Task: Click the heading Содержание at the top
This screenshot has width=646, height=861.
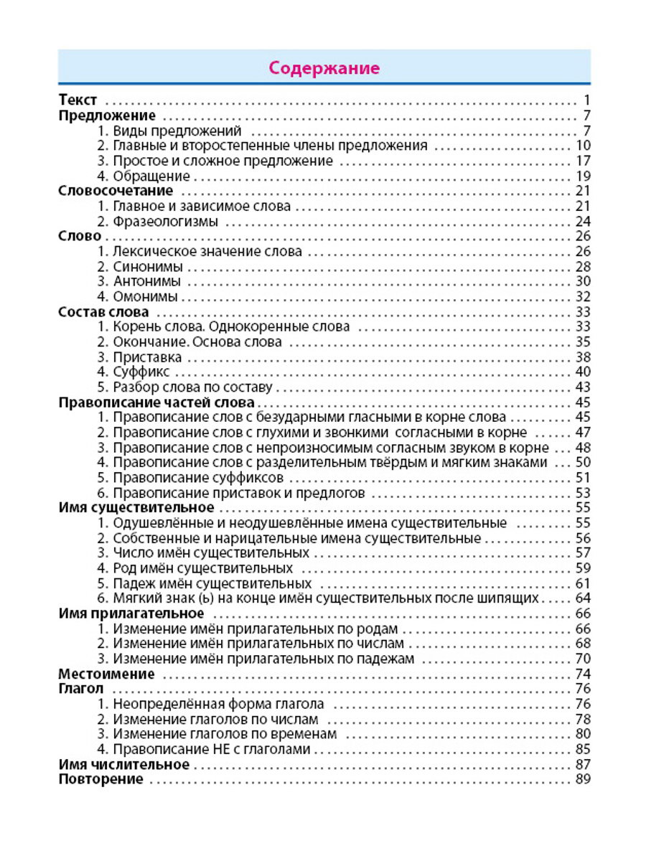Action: point(324,68)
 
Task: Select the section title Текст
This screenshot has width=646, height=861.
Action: point(78,100)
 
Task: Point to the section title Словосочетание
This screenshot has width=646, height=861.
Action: point(116,191)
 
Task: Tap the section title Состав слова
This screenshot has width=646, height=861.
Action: point(103,311)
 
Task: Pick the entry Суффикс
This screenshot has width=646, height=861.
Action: point(141,372)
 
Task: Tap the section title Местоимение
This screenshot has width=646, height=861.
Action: point(106,674)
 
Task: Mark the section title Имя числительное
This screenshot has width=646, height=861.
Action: point(123,764)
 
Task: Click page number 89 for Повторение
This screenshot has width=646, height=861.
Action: point(582,779)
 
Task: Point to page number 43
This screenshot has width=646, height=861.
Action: point(582,387)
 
